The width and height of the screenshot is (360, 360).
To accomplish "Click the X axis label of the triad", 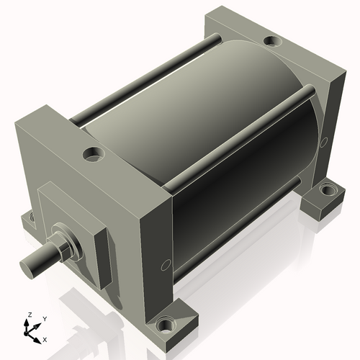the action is (45, 340).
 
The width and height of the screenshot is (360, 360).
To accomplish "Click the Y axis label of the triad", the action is (45, 319).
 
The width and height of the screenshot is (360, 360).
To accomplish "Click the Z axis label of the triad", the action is (30, 315).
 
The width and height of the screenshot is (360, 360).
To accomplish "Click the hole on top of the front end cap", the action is (94, 153).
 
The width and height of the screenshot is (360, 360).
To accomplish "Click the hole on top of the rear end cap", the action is (274, 40).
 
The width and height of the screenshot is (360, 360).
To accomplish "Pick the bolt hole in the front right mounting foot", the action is (166, 325).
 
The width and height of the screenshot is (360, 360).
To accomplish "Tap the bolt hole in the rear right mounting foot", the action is (328, 190).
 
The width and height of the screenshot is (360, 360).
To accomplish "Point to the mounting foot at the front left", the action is (29, 220).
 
